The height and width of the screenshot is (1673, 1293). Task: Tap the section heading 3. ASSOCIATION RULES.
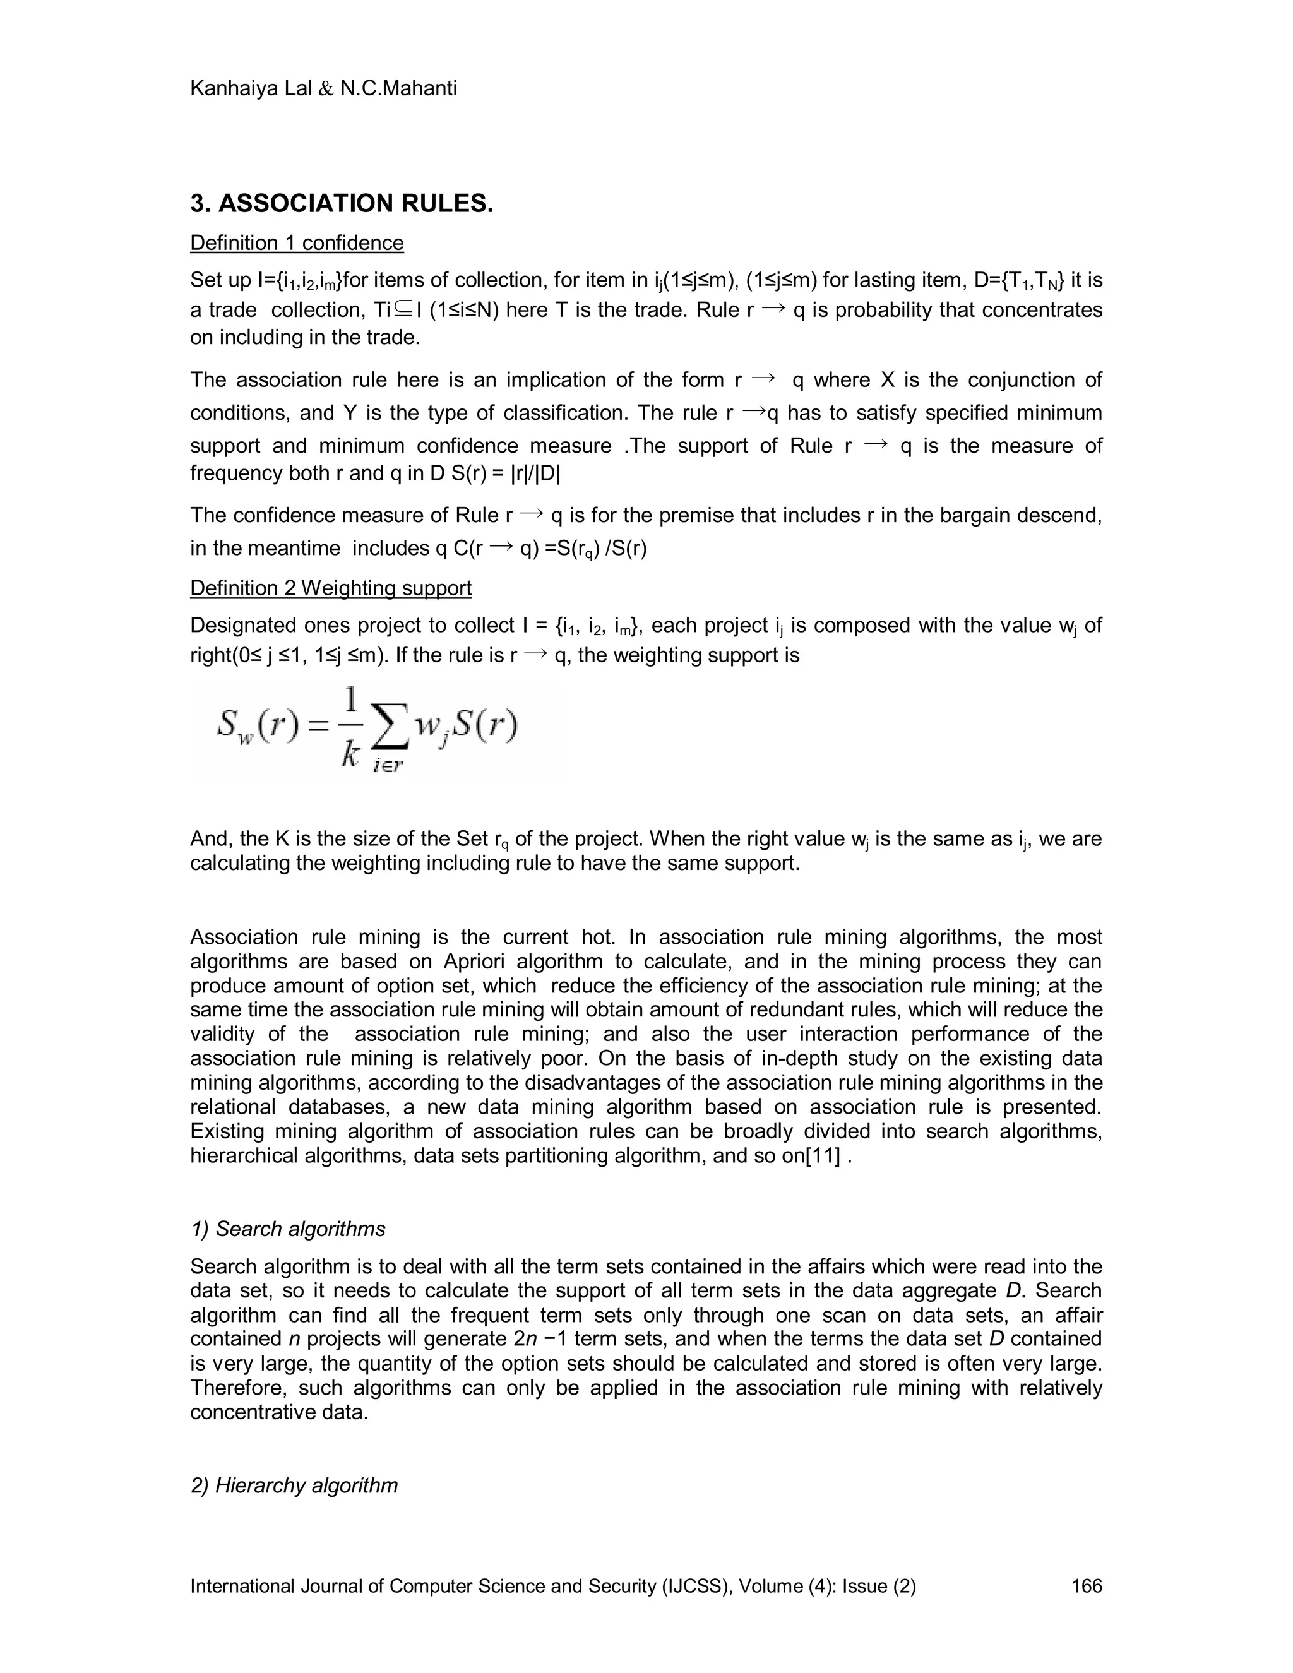coord(342,204)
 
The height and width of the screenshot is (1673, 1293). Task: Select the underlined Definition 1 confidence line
coord(297,243)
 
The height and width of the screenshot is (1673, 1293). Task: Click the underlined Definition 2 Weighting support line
coord(330,588)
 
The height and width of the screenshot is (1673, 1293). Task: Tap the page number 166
coord(1086,1586)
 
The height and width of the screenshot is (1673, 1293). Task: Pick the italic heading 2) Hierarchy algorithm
coord(294,1485)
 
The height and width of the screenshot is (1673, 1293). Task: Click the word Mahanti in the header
coord(414,89)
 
